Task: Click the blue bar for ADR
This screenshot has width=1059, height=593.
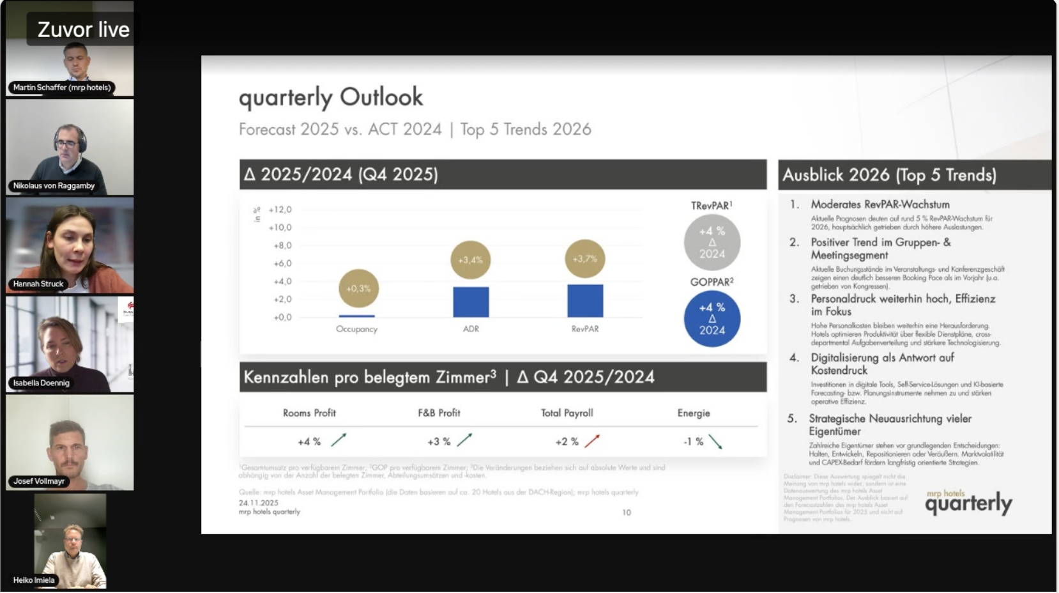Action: click(471, 302)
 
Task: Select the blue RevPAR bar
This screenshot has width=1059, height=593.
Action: click(585, 301)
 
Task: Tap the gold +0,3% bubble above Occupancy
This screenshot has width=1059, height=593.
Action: click(358, 288)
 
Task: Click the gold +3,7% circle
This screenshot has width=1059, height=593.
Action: click(584, 259)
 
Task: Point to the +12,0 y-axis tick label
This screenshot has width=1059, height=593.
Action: click(280, 210)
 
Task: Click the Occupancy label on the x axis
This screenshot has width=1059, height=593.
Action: click(356, 329)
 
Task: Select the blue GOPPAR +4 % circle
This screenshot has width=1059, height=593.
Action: click(712, 319)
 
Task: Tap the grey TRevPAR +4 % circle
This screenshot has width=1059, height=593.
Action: click(712, 242)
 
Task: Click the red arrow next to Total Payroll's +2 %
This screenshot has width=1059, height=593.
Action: click(592, 441)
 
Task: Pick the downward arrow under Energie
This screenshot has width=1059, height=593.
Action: click(715, 442)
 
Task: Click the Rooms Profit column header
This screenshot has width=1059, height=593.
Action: click(309, 413)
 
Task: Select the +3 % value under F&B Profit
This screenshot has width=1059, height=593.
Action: click(439, 442)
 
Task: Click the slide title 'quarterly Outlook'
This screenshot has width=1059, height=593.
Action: click(331, 97)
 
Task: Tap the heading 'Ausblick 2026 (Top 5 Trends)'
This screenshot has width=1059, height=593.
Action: click(889, 175)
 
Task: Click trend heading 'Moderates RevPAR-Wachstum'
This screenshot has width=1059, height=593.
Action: click(880, 204)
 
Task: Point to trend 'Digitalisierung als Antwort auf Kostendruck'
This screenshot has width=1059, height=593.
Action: click(882, 364)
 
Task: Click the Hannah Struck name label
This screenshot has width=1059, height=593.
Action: click(38, 284)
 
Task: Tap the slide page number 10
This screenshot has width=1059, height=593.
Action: click(627, 512)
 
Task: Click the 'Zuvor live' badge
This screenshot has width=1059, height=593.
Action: click(83, 29)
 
